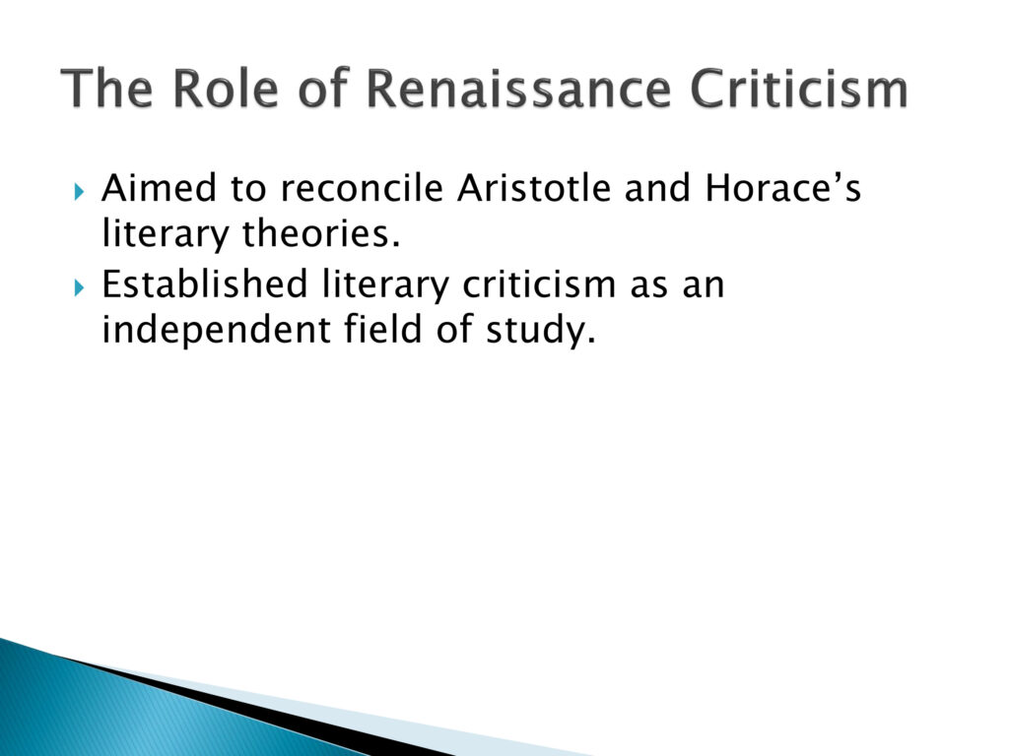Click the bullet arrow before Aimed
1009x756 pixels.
[x=79, y=191]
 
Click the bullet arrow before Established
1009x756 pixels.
[x=79, y=287]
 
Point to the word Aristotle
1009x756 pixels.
[x=533, y=188]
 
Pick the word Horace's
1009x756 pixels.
[x=782, y=188]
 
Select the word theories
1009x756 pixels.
[x=321, y=233]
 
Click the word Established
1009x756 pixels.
[x=205, y=284]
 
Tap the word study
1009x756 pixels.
[x=541, y=331]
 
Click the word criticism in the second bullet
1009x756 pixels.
[x=539, y=284]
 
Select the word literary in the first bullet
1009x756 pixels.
[x=166, y=235]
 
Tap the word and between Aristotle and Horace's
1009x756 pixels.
[x=657, y=188]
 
